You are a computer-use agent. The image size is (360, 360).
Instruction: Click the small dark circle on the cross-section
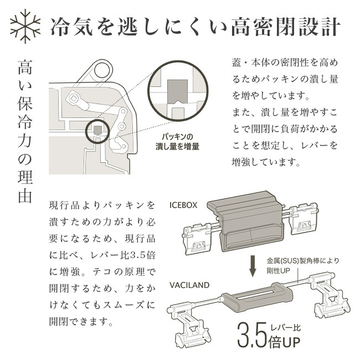point(98,131)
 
